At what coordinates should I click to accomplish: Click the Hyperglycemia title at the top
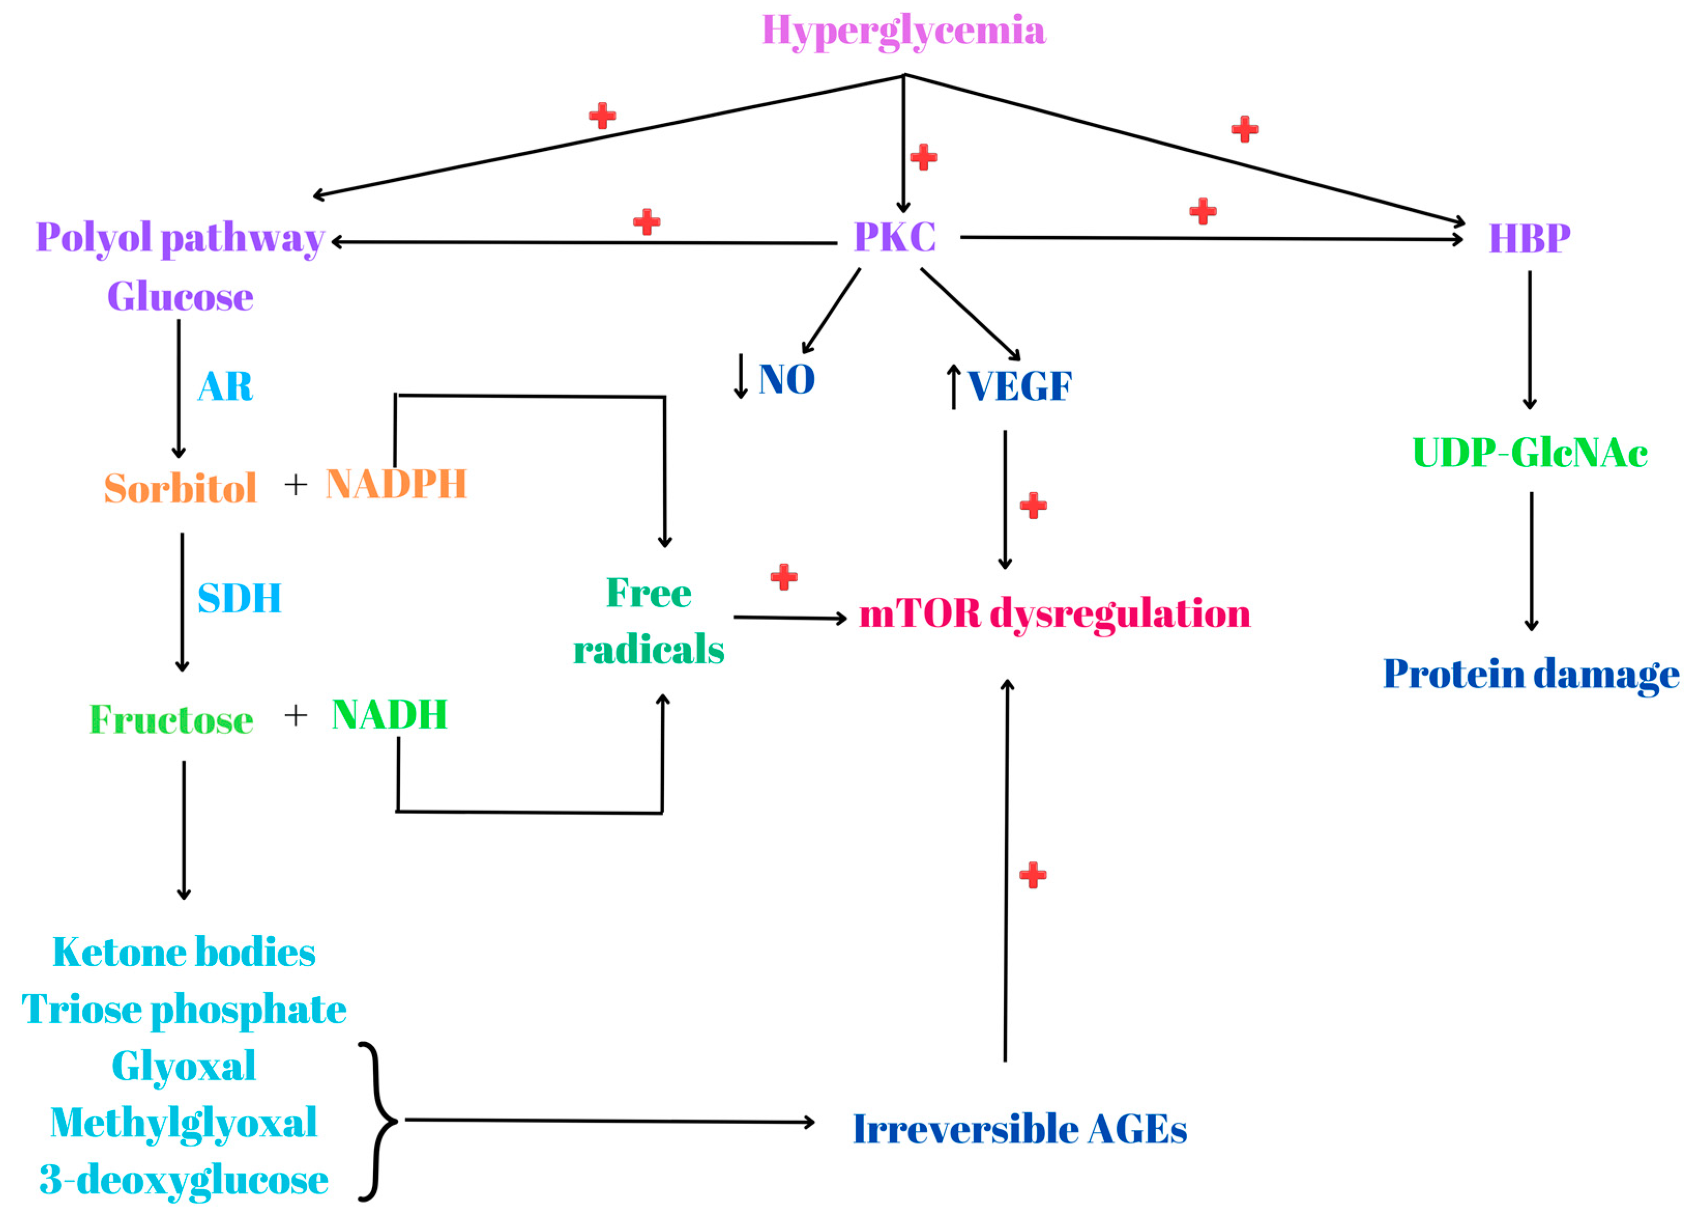(x=903, y=32)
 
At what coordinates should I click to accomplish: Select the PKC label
(x=895, y=237)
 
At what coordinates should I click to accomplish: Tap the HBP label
(x=1529, y=239)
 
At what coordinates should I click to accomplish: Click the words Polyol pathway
(x=180, y=238)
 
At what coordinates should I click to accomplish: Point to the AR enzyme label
(x=225, y=387)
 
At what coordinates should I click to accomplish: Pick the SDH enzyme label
(x=239, y=598)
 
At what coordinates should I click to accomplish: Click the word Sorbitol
(x=180, y=489)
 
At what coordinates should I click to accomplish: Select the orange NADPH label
(x=396, y=484)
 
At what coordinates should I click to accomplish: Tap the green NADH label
(x=389, y=715)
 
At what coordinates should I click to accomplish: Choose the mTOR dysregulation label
(x=1055, y=614)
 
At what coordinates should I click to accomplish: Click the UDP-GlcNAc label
(x=1529, y=453)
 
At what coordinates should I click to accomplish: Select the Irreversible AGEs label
(x=1019, y=1130)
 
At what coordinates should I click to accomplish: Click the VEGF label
(x=1019, y=387)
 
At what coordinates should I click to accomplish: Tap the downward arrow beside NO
(x=740, y=376)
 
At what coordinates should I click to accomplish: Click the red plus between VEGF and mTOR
(x=1033, y=506)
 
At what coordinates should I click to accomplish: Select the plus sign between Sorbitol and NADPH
(x=296, y=485)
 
